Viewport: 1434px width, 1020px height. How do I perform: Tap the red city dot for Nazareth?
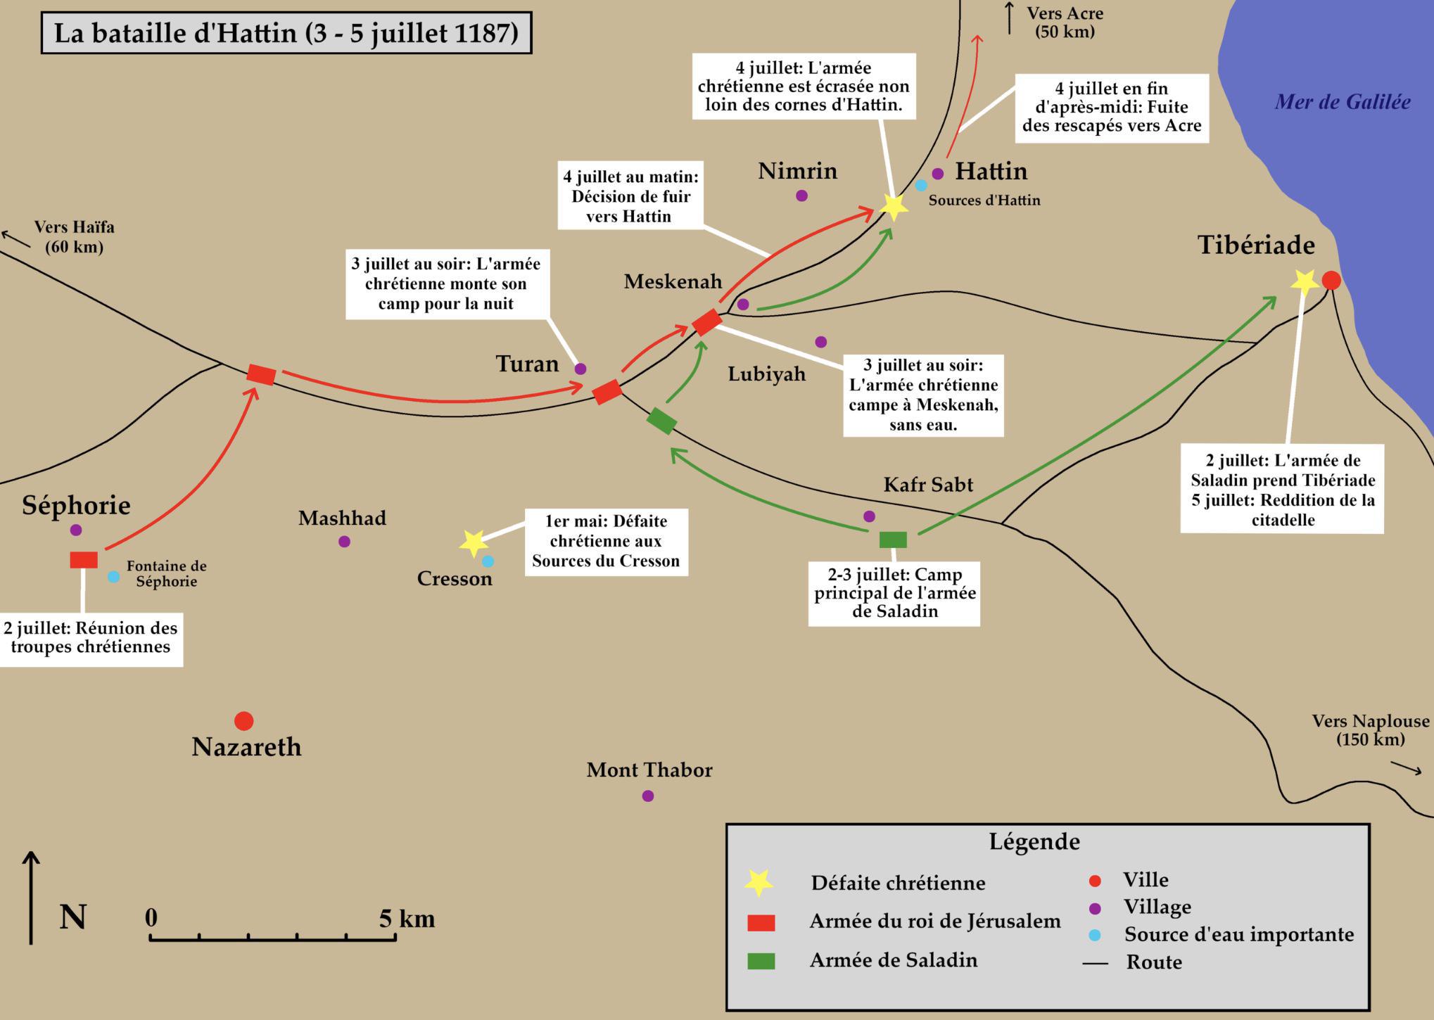[243, 721]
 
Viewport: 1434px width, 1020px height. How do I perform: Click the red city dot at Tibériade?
[1331, 281]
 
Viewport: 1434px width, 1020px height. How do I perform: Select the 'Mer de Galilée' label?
[1343, 102]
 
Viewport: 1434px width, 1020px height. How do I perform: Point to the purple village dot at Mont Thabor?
[648, 796]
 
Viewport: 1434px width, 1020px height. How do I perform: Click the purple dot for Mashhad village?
[344, 542]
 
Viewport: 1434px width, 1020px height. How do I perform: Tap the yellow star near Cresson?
[474, 542]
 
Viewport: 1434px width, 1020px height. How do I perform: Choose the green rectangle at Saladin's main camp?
[893, 540]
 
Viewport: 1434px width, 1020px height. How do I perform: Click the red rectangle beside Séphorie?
[84, 560]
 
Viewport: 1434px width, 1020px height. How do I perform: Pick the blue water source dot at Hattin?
[921, 186]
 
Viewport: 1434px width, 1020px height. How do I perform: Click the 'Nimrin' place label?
[797, 171]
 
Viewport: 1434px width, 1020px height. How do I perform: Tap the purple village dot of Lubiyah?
[820, 342]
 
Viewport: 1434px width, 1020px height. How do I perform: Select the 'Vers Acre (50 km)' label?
[1065, 23]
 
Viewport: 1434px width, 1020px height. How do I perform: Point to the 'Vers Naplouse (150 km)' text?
[1371, 730]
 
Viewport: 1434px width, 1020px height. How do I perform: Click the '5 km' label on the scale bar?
[407, 919]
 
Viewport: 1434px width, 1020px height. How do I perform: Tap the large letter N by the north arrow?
[73, 917]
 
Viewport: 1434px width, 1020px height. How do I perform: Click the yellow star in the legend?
[759, 882]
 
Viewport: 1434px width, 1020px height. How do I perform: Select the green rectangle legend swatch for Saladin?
[761, 962]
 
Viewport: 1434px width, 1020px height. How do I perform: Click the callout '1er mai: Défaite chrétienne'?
[606, 542]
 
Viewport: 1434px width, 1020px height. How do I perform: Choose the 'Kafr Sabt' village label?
[928, 485]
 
